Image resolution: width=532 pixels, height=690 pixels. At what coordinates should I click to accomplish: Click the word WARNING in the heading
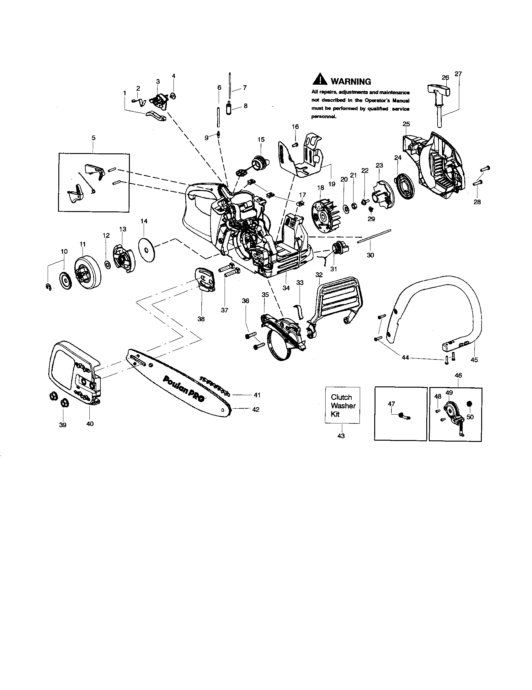click(351, 82)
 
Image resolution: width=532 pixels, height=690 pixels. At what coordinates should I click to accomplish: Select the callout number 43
click(341, 436)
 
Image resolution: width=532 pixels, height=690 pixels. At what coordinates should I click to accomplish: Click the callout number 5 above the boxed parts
click(93, 138)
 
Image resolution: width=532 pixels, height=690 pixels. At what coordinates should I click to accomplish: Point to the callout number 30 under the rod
click(370, 255)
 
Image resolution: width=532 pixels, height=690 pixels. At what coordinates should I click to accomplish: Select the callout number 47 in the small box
click(391, 404)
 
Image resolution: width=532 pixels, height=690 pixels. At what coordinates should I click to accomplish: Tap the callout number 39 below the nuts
click(62, 425)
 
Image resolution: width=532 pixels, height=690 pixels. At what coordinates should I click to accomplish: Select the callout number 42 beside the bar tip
click(256, 409)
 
